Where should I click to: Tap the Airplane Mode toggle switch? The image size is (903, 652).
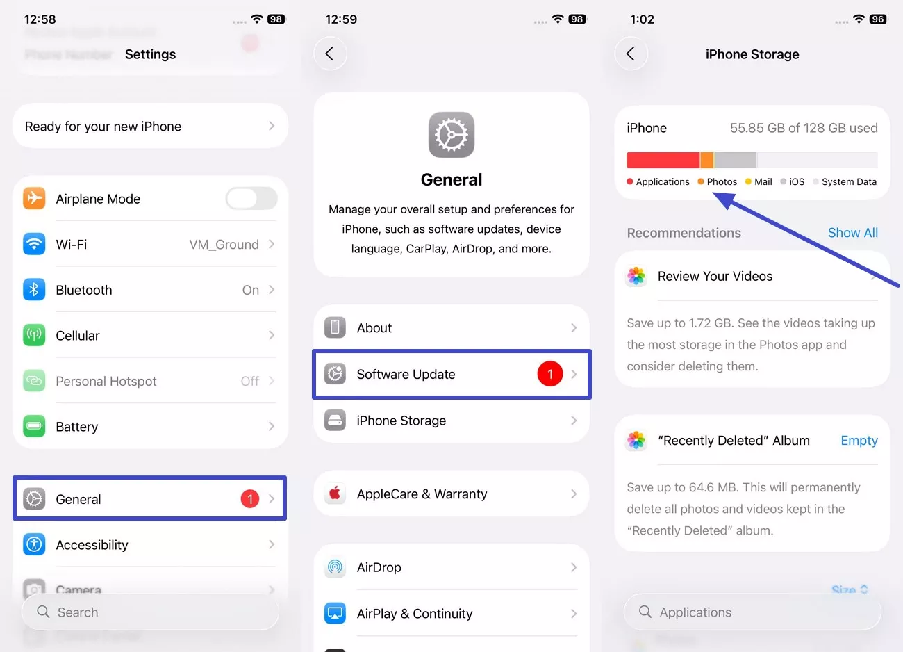[x=251, y=199]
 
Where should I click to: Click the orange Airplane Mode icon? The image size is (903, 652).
[x=34, y=199]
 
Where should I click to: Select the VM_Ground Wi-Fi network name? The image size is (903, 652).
[x=224, y=245]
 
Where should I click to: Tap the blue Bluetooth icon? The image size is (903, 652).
[x=34, y=290]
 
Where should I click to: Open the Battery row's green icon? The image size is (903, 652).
[x=34, y=426]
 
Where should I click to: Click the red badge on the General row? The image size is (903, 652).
[x=250, y=499]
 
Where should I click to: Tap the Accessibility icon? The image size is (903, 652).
[x=34, y=544]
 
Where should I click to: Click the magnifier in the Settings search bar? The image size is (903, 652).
[x=43, y=612]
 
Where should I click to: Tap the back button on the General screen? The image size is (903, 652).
[x=330, y=54]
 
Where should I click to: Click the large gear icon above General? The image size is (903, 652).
[x=451, y=135]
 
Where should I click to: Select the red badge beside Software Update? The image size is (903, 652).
[x=549, y=374]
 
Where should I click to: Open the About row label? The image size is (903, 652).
[x=374, y=328]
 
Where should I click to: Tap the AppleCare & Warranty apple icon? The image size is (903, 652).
[x=335, y=494]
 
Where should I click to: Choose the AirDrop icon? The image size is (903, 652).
[x=335, y=567]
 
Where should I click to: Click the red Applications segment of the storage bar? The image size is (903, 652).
[x=663, y=160]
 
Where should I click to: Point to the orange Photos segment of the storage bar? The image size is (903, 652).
[x=706, y=160]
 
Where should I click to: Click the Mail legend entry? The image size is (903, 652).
[x=759, y=182]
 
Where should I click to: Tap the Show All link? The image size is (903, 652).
[x=852, y=233]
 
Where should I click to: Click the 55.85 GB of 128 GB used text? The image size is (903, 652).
[x=803, y=128]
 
